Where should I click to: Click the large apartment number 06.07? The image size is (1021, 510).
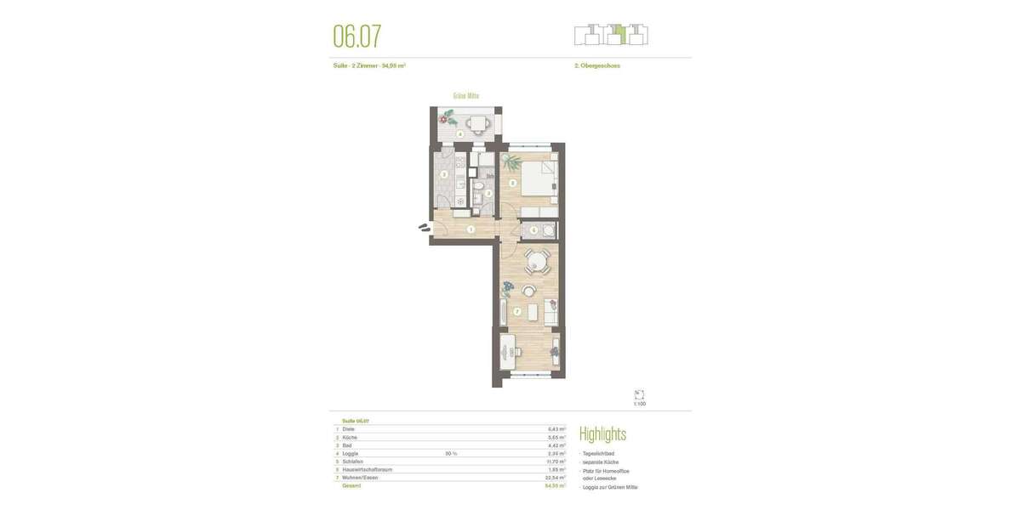pyautogui.click(x=356, y=37)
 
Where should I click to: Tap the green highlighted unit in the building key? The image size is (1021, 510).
pyautogui.click(x=620, y=35)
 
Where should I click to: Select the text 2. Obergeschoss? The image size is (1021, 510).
pyautogui.click(x=597, y=65)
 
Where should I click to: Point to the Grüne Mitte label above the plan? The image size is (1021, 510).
pyautogui.click(x=465, y=96)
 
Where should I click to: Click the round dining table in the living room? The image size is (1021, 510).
pyautogui.click(x=536, y=261)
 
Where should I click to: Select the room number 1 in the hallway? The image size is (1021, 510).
pyautogui.click(x=471, y=229)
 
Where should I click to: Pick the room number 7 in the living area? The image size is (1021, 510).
pyautogui.click(x=516, y=312)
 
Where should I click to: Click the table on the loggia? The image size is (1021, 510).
pyautogui.click(x=477, y=124)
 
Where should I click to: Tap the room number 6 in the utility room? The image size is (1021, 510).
pyautogui.click(x=533, y=229)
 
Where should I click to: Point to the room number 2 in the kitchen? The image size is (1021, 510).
pyautogui.click(x=443, y=175)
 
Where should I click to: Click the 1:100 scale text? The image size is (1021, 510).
pyautogui.click(x=639, y=404)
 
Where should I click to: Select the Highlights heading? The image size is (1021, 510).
pyautogui.click(x=602, y=434)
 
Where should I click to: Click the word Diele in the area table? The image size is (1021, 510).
pyautogui.click(x=349, y=429)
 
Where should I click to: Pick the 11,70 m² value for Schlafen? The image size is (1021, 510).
pyautogui.click(x=556, y=462)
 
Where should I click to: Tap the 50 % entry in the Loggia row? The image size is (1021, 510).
pyautogui.click(x=451, y=454)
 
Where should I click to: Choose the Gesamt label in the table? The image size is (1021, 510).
pyautogui.click(x=351, y=485)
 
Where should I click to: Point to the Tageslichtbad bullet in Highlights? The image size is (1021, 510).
pyautogui.click(x=599, y=454)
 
